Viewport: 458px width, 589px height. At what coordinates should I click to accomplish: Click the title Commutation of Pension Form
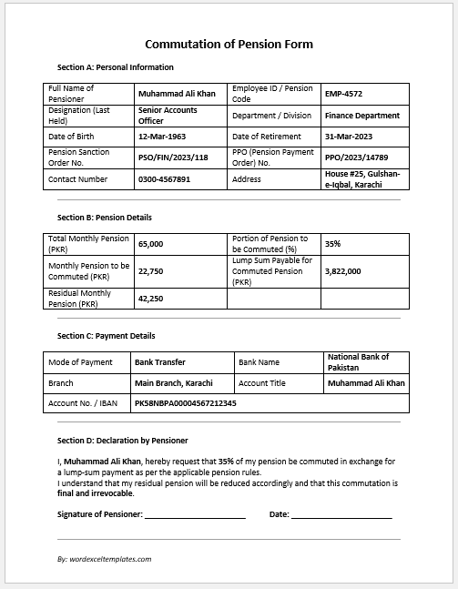(x=229, y=44)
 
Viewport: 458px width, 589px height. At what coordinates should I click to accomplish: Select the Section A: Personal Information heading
(x=115, y=67)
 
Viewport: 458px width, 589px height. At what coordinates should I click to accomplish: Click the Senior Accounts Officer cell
(x=168, y=115)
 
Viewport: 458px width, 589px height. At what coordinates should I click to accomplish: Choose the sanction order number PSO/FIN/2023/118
(x=173, y=157)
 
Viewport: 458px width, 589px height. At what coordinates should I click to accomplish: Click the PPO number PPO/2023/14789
(x=362, y=157)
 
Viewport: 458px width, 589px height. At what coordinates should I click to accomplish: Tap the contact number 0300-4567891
(x=164, y=179)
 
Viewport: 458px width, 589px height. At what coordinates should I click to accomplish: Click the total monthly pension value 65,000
(x=150, y=244)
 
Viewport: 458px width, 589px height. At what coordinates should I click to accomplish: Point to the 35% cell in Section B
(x=332, y=244)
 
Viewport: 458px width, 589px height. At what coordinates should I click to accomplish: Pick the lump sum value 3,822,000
(x=342, y=270)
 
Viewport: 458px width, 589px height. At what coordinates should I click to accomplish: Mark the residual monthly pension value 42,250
(x=150, y=298)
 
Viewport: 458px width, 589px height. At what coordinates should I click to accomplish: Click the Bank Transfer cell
(x=159, y=362)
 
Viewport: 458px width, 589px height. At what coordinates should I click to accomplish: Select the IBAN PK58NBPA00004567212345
(x=185, y=402)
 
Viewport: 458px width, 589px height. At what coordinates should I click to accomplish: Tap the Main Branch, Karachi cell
(x=173, y=383)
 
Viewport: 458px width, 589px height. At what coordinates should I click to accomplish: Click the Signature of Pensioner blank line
(x=195, y=515)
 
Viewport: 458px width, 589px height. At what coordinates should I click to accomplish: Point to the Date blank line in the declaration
(x=342, y=515)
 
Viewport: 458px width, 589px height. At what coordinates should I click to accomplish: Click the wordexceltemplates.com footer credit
(x=104, y=559)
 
